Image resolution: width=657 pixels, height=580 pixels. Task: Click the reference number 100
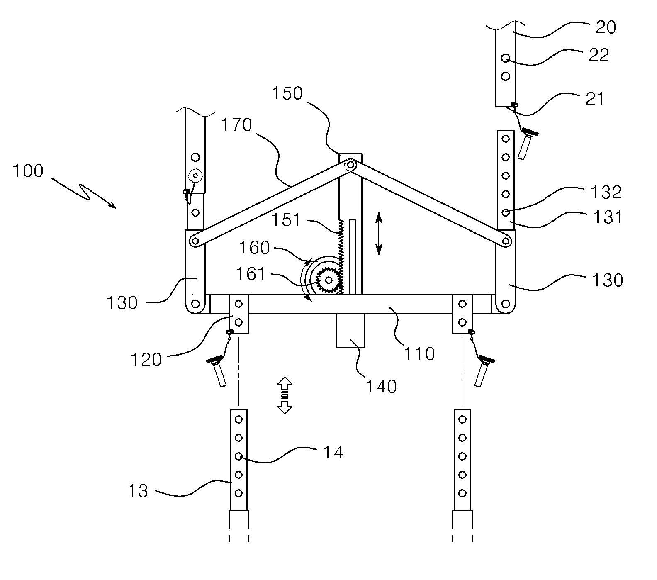click(x=28, y=171)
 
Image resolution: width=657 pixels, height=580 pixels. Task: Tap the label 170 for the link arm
click(x=236, y=124)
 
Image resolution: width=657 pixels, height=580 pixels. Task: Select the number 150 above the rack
click(x=287, y=94)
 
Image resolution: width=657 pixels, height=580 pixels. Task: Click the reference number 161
click(x=251, y=274)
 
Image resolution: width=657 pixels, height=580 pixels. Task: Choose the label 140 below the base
click(x=381, y=386)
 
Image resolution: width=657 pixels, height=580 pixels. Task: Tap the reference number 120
click(x=146, y=360)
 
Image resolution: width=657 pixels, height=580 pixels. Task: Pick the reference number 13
click(x=138, y=491)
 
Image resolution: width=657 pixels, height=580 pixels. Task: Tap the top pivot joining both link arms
click(x=351, y=165)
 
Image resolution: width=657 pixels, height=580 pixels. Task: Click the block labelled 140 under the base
click(x=350, y=330)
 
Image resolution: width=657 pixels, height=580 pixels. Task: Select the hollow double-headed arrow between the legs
click(x=285, y=395)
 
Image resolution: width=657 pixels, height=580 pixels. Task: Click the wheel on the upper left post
click(x=195, y=176)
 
